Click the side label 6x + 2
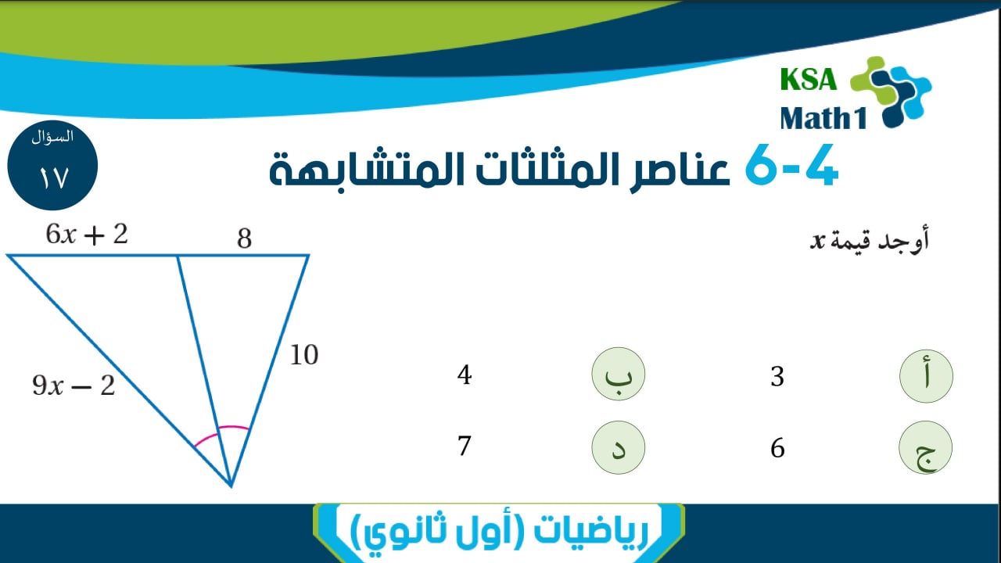tap(87, 234)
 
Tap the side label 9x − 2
tap(74, 385)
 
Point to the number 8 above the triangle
tap(245, 238)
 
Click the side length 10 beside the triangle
tap(304, 355)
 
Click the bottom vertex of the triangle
tap(231, 486)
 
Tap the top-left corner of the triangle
tap(8, 256)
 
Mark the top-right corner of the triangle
tap(308, 256)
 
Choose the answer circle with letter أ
tap(926, 376)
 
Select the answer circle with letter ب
tap(619, 374)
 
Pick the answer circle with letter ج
tap(925, 447)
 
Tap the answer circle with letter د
tap(619, 447)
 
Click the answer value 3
tap(777, 376)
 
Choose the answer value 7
tap(465, 446)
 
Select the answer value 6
tap(777, 448)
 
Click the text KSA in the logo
tap(809, 80)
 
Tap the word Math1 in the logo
tap(823, 118)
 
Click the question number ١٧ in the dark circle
tap(53, 178)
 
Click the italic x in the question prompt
tap(817, 242)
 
